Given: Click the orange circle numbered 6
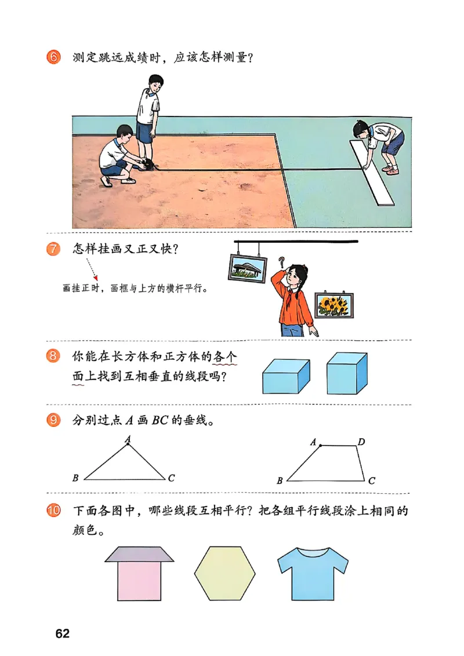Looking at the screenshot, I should click(x=53, y=59).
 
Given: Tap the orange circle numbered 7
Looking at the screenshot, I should click(x=53, y=250).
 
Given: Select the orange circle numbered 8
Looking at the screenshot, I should click(x=53, y=356).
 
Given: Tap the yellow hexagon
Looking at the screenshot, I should click(x=224, y=573).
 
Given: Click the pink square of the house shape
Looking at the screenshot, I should click(x=139, y=581).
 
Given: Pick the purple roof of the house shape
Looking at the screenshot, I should click(x=139, y=555).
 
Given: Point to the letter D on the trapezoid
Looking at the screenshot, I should click(x=361, y=443).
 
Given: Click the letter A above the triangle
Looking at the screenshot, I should click(x=128, y=439).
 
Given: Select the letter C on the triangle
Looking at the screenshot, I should click(x=171, y=478).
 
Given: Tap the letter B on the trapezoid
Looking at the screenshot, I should click(x=280, y=480).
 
